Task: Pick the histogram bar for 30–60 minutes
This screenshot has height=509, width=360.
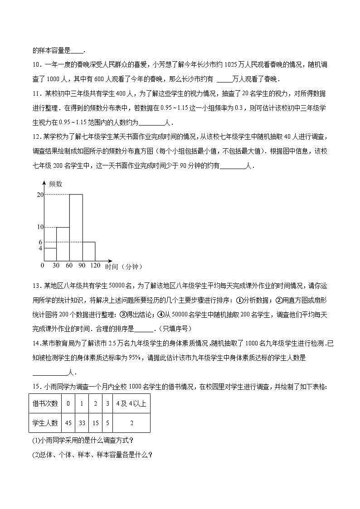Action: (x=63, y=243)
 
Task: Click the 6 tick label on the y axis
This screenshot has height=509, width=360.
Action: (x=40, y=242)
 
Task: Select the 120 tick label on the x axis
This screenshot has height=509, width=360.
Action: (x=95, y=266)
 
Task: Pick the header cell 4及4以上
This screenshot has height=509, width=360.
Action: (x=131, y=403)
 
